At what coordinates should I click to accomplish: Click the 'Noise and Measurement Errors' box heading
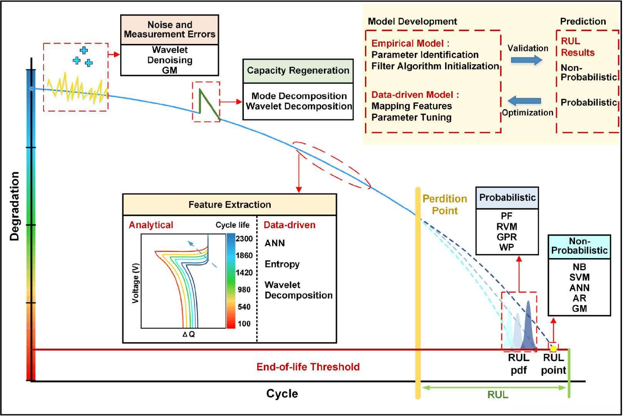tap(169, 30)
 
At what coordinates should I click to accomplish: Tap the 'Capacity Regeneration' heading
tap(298, 71)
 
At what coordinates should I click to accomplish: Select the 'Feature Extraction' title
tap(230, 205)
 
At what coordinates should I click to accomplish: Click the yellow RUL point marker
tap(553, 348)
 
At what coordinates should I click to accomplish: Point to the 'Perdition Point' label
tap(445, 205)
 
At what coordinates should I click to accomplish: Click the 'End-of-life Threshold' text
tap(308, 367)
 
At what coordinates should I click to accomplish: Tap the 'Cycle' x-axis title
tap(282, 394)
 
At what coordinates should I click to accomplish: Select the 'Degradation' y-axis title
tap(15, 206)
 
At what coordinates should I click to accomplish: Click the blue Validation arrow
tap(526, 60)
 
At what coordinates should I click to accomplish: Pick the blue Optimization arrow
tap(524, 101)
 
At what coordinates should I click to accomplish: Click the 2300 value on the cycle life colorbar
tap(244, 239)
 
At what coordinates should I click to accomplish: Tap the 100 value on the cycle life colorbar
tap(244, 324)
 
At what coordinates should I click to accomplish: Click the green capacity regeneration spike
tap(205, 102)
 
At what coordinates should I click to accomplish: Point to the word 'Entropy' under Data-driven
tap(282, 264)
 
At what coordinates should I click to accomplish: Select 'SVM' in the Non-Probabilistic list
tap(579, 277)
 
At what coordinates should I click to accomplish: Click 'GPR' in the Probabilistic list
tap(507, 237)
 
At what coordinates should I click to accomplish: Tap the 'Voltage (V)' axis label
tap(135, 283)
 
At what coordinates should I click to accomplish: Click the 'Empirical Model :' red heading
tap(410, 44)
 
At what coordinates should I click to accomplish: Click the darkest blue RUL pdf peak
tap(528, 327)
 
